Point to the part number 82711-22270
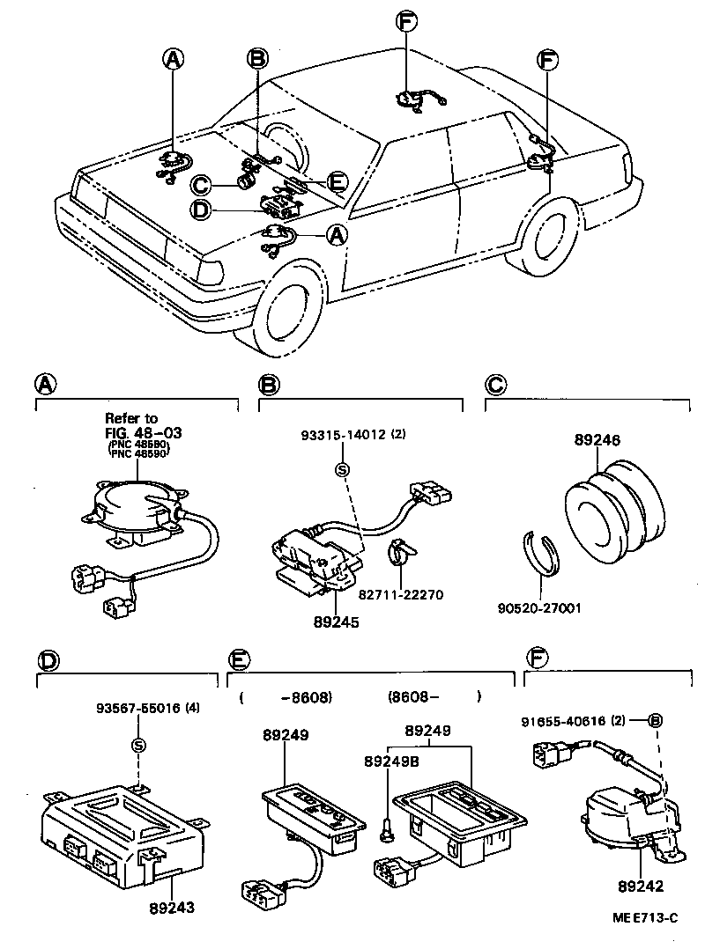coord(401,595)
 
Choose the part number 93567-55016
coord(138,707)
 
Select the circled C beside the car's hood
coord(201,184)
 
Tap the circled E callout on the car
coord(336,181)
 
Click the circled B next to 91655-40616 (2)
coord(654,719)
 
